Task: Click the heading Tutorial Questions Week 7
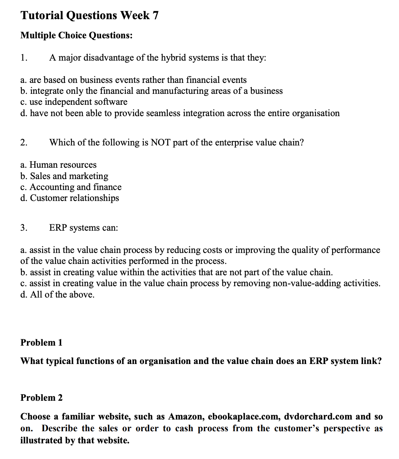tap(89, 15)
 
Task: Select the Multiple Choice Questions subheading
tap(76, 36)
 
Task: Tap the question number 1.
tap(24, 58)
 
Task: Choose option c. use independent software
tap(74, 102)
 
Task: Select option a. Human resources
tap(58, 165)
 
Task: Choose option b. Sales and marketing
tap(64, 176)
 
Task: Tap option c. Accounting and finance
tap(71, 187)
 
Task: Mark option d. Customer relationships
tap(69, 198)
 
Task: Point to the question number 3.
tap(24, 228)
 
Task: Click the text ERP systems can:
tap(83, 228)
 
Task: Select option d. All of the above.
tap(57, 294)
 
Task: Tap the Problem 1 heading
tap(41, 342)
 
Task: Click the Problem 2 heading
tap(41, 398)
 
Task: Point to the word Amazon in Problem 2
tap(184, 416)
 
